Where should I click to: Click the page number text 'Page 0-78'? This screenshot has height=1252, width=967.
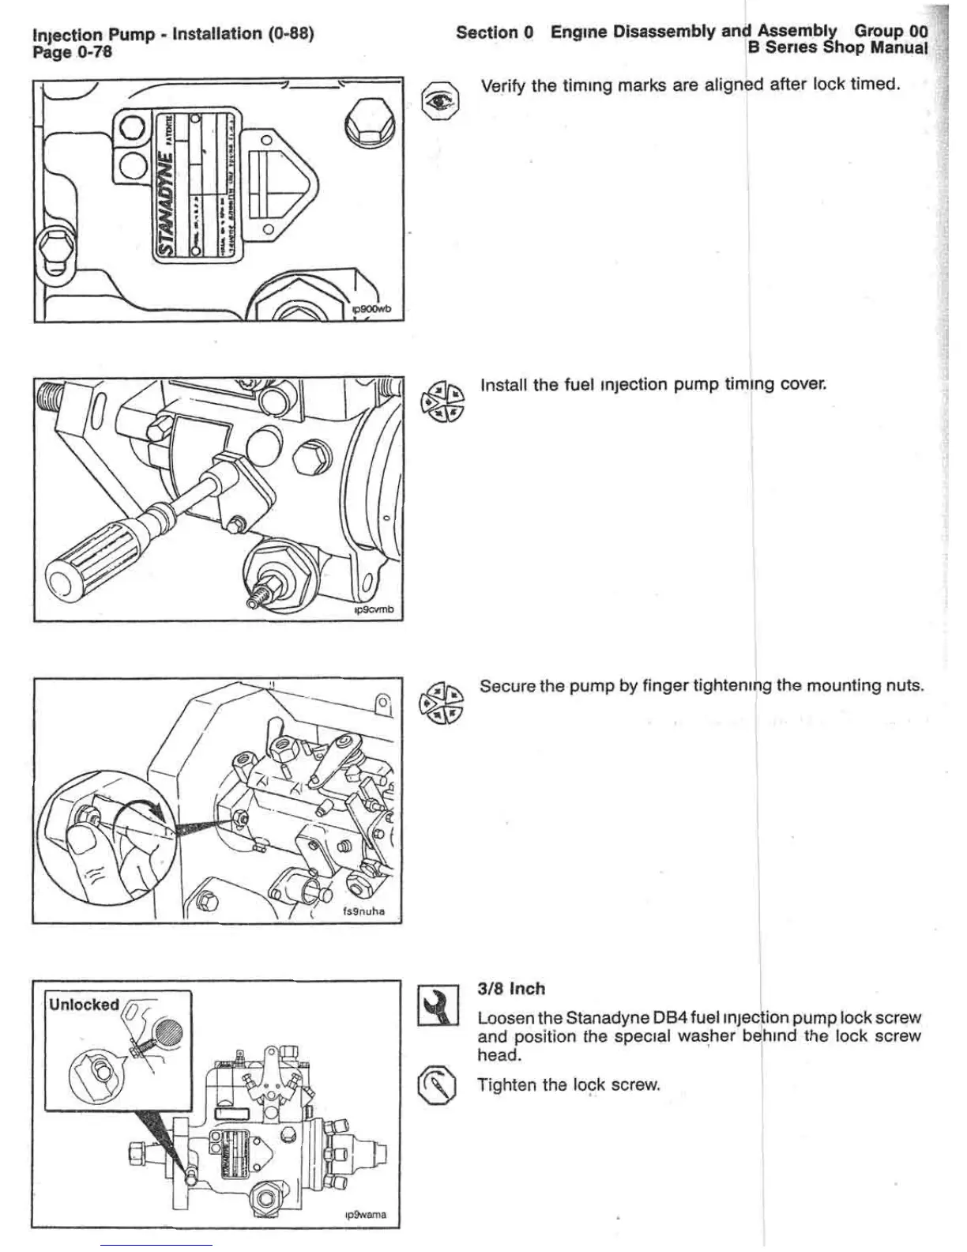coord(72,52)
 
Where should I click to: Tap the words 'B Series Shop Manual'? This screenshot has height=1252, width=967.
coord(837,47)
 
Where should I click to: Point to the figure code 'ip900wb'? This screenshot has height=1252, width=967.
coord(371,309)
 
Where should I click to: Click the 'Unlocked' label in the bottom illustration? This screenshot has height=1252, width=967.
coord(84,1005)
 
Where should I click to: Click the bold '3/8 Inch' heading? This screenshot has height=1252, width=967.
coord(511,989)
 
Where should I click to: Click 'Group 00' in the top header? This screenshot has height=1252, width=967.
coord(891,31)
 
